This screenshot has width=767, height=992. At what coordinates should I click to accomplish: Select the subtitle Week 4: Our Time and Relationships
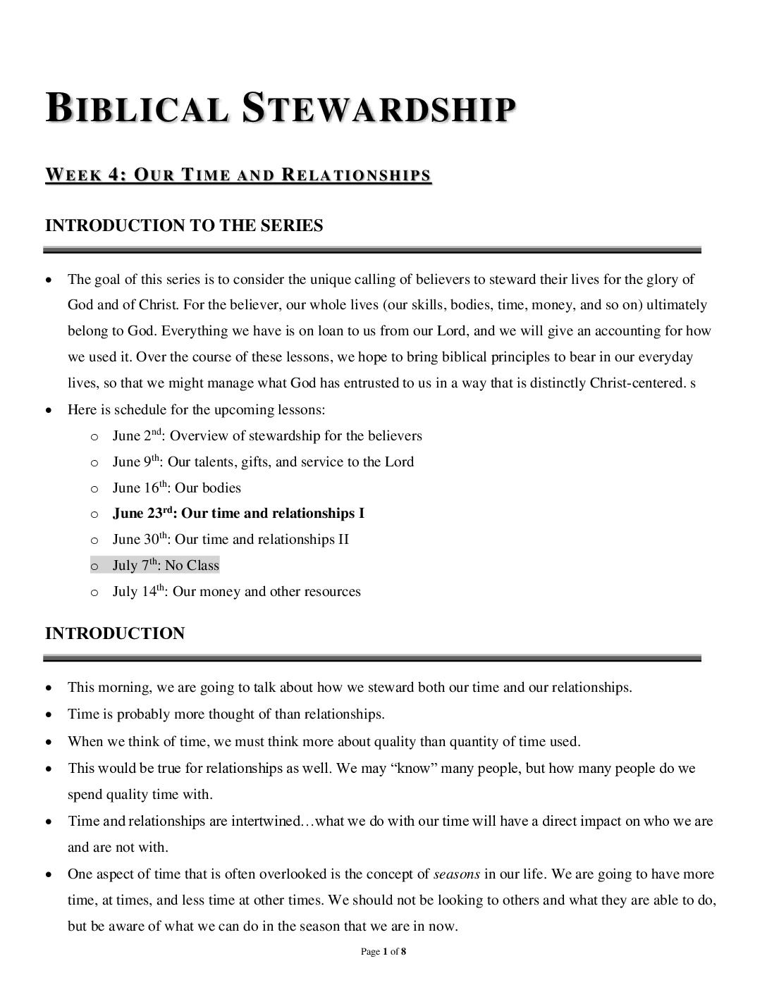238,175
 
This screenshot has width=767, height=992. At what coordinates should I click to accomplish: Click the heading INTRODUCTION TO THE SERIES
184,226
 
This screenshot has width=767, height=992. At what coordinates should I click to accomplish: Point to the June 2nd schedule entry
267,436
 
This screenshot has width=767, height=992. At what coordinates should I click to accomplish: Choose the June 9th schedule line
263,462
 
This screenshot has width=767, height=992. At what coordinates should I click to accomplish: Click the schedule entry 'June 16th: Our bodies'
176,488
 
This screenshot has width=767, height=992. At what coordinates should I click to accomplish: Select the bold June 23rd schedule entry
238,514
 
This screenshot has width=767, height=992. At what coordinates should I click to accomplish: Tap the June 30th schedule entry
231,540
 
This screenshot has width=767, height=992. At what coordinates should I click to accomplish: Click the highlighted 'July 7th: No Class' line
166,566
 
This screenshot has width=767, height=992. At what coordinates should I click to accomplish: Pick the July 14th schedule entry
236,592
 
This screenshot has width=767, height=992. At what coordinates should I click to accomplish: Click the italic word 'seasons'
457,874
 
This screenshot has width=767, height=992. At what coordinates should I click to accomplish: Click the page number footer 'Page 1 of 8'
383,952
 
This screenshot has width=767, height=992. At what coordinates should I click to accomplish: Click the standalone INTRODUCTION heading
115,633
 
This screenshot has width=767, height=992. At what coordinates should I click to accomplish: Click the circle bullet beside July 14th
94,593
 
